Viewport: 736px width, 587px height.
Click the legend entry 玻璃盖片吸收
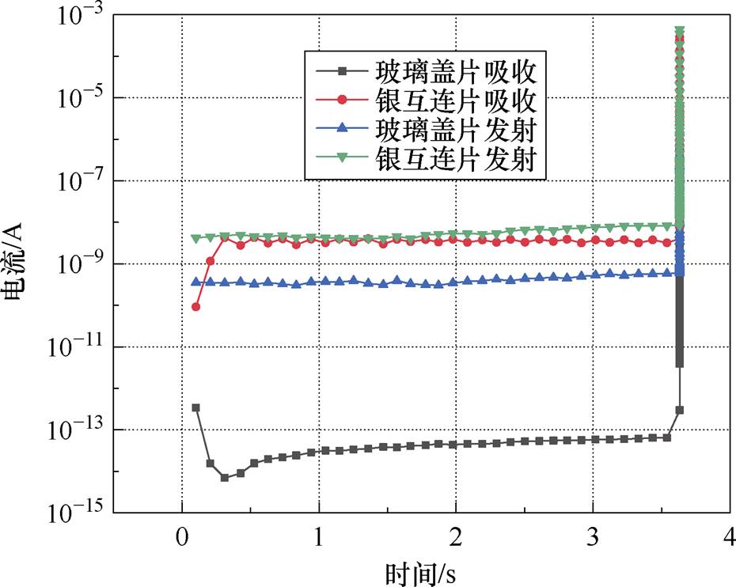[x=457, y=73]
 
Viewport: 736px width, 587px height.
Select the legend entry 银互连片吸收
[x=457, y=101]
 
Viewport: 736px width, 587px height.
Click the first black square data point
[x=195, y=407]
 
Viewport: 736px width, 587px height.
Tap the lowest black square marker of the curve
[x=225, y=478]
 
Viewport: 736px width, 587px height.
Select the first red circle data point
[x=195, y=306]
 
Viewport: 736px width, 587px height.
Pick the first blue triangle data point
[x=195, y=282]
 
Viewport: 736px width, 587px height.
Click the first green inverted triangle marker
[x=195, y=238]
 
